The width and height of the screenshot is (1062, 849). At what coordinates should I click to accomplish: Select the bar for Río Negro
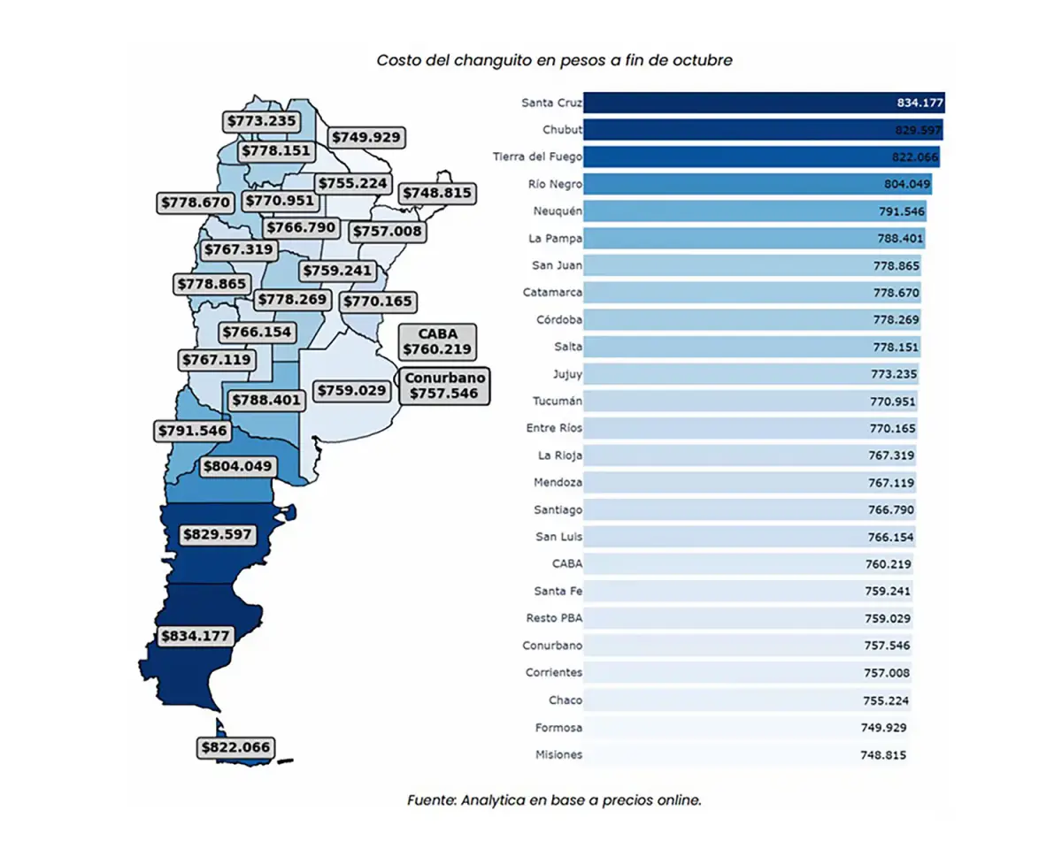[757, 184]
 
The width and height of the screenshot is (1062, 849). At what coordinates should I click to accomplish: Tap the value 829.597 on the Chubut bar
[918, 130]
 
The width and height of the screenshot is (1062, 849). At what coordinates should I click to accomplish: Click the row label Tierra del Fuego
[537, 157]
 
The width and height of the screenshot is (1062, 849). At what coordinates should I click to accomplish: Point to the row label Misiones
[558, 754]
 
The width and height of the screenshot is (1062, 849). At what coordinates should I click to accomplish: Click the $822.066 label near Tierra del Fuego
[235, 747]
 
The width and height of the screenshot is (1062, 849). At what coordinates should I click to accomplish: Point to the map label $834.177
[195, 636]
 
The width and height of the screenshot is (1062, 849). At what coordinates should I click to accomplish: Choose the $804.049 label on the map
[237, 466]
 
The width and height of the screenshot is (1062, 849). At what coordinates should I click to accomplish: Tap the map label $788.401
[266, 401]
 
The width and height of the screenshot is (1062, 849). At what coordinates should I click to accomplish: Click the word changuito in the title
[497, 60]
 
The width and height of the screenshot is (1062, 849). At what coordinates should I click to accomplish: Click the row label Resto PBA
[554, 618]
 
